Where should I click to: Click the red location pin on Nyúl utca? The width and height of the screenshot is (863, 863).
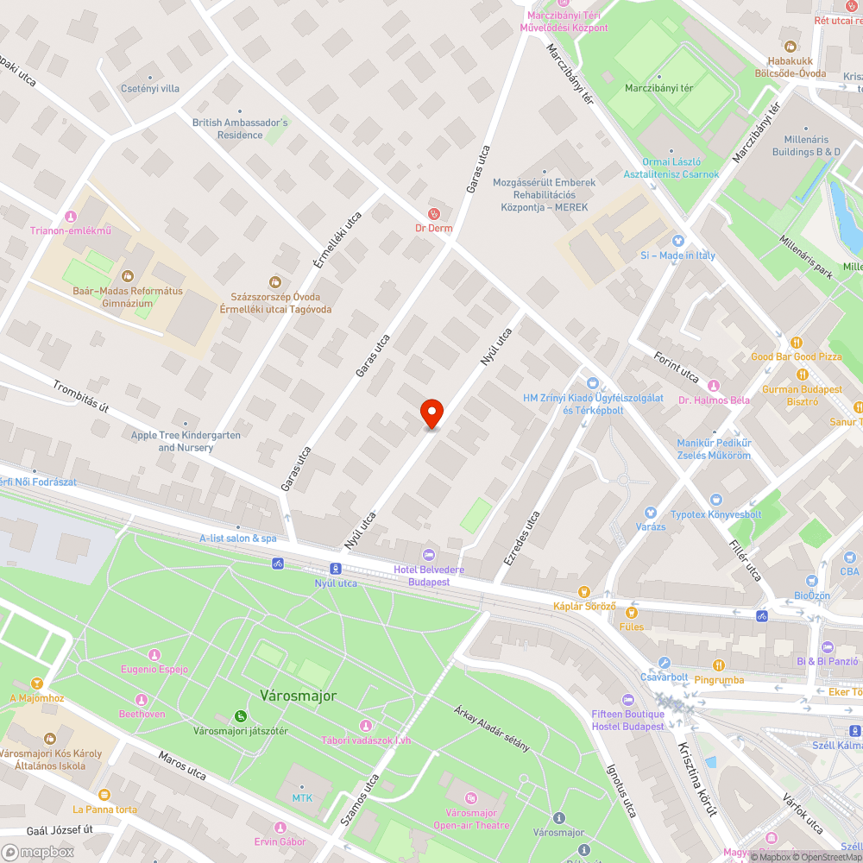[x=431, y=413]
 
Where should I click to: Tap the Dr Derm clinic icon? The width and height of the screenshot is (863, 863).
[x=434, y=213]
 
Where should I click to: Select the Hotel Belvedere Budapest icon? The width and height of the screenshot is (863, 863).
[x=429, y=554]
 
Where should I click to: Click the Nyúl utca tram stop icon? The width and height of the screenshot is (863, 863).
[x=335, y=569]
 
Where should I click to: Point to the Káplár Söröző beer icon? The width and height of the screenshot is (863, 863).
[x=584, y=591]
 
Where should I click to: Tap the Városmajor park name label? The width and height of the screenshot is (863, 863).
[x=298, y=695]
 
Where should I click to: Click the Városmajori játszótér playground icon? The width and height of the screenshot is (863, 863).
[x=240, y=715]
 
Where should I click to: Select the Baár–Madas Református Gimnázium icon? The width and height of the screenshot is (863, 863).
[x=128, y=276]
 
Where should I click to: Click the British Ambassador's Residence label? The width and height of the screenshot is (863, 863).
[x=240, y=129]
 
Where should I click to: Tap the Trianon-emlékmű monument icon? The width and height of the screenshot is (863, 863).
[x=71, y=216]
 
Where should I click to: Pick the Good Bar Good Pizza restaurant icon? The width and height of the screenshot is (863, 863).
[x=796, y=342]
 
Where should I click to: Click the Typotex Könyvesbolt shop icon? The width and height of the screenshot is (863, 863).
[x=715, y=500]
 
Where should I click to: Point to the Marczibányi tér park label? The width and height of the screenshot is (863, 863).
[x=658, y=88]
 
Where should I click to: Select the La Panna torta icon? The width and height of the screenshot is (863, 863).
[x=104, y=794]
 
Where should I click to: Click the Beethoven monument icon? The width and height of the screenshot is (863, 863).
[x=142, y=699]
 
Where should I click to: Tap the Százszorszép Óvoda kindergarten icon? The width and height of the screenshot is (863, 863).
[x=275, y=281]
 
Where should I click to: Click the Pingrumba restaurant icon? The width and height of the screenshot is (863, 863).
[x=719, y=665]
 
